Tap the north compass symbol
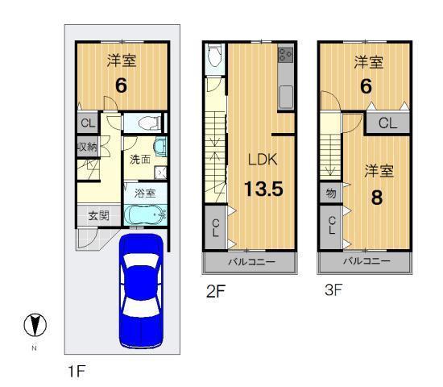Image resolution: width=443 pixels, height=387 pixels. pyautogui.click(x=35, y=327)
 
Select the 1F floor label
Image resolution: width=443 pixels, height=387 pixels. pyautogui.click(x=77, y=372)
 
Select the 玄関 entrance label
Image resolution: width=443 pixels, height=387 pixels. pyautogui.click(x=98, y=215)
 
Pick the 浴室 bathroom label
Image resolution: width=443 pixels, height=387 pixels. pyautogui.click(x=145, y=193)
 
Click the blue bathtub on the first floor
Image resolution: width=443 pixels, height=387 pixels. pyautogui.click(x=145, y=215)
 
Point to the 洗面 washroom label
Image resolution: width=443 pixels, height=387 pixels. pyautogui.click(x=141, y=159)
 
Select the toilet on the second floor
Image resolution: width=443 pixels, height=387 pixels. pyautogui.click(x=213, y=56)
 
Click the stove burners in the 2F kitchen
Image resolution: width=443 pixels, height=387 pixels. pyautogui.click(x=286, y=55)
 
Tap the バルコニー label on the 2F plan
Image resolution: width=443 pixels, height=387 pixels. pyautogui.click(x=250, y=263)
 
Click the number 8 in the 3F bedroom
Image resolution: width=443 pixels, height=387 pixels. pyautogui.click(x=376, y=197)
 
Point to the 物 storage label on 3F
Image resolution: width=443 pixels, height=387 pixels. pyautogui.click(x=330, y=194)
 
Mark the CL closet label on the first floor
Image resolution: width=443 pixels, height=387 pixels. pyautogui.click(x=88, y=123)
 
